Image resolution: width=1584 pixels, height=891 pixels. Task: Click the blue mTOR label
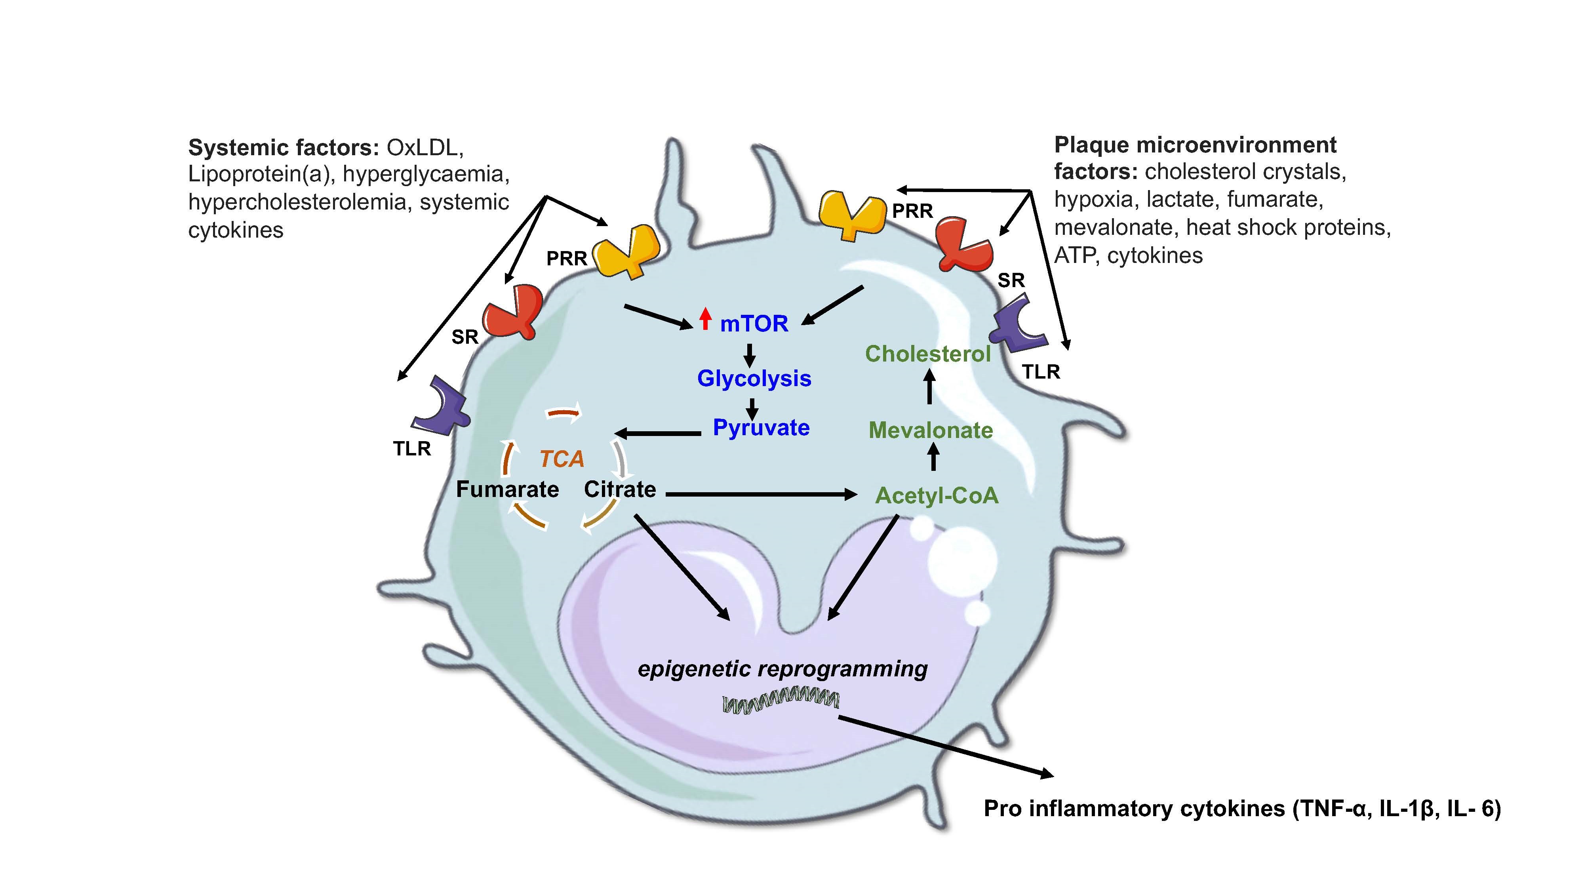click(x=754, y=324)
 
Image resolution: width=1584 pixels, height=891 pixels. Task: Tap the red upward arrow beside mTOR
click(x=705, y=318)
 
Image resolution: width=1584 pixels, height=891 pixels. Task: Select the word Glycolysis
click(x=754, y=378)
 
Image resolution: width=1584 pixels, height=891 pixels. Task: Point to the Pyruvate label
click(x=761, y=427)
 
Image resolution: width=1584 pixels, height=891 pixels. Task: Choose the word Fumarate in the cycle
click(x=507, y=489)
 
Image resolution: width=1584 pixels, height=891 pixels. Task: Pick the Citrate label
click(x=620, y=489)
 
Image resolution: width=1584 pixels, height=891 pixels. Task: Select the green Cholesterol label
click(x=927, y=354)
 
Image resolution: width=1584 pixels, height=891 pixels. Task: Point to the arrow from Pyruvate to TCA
click(x=658, y=434)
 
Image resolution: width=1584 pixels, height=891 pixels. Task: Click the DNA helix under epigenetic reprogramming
click(x=780, y=702)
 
